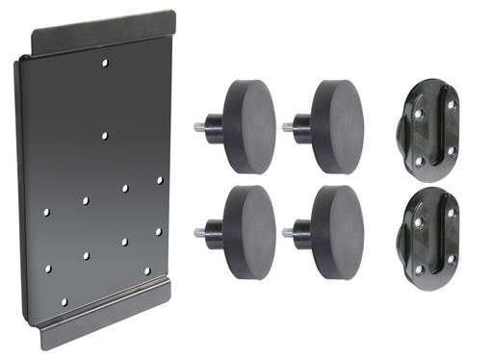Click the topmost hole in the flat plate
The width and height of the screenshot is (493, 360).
click(106, 64)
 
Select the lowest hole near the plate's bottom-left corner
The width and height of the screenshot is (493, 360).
click(64, 301)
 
